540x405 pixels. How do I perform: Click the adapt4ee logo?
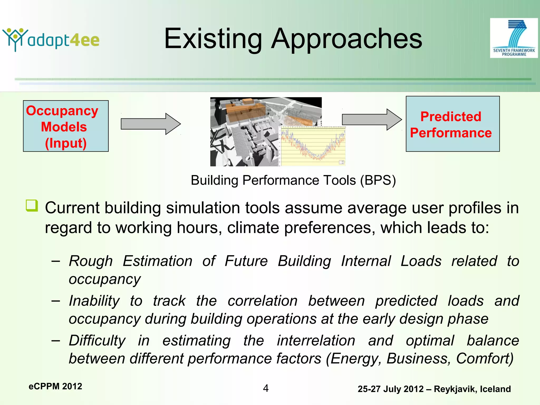point(51,40)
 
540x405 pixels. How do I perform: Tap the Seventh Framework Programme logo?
point(514,38)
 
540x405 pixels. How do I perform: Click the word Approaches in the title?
point(346,39)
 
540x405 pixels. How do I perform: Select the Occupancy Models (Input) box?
point(66,126)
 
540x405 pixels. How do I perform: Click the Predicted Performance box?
point(452,124)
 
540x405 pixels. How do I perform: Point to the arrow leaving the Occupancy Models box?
point(151,124)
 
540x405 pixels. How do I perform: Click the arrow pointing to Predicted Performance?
point(372,119)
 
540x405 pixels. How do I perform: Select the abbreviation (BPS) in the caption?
point(378,181)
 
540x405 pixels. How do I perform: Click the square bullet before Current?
point(32,205)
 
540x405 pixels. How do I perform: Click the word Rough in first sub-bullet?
point(91,261)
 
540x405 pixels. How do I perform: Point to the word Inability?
point(94,301)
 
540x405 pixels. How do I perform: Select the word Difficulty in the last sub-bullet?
point(97,340)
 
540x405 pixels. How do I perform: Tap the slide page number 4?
point(266,388)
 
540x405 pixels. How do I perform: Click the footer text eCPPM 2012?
point(55,386)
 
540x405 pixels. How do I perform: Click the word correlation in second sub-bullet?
point(262,301)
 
